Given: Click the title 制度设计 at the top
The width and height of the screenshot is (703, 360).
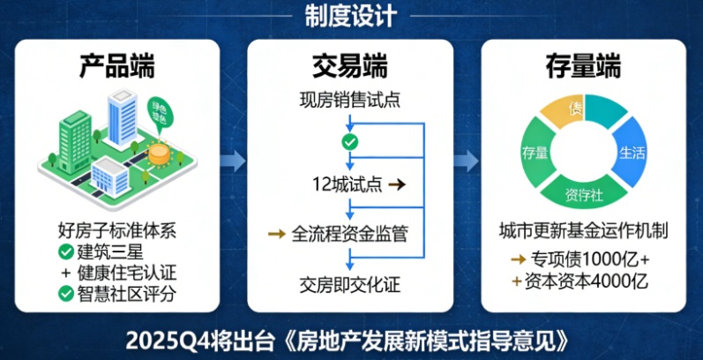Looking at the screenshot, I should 351,15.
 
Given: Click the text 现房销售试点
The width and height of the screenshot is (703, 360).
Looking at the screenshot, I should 350,99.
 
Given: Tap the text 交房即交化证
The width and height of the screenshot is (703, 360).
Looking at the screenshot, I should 350,284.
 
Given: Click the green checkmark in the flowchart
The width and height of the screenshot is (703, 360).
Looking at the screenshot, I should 350,141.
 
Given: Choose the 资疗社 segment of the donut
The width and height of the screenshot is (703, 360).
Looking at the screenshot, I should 584,193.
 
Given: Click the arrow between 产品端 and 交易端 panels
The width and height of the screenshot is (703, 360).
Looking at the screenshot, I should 232,161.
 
